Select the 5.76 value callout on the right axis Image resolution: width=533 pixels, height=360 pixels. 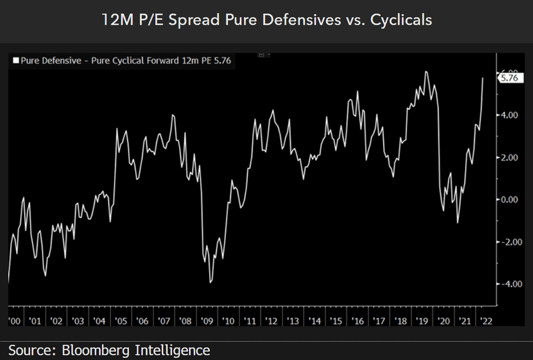509,78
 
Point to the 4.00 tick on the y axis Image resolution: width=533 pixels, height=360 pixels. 508,115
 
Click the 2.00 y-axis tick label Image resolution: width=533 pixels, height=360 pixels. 508,157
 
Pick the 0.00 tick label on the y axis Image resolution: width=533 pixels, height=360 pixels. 508,199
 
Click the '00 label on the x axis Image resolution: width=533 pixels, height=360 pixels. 13,321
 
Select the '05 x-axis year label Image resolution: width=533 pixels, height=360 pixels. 120,321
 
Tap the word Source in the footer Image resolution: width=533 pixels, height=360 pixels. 30,350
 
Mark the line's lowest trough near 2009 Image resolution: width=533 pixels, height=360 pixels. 211,283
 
